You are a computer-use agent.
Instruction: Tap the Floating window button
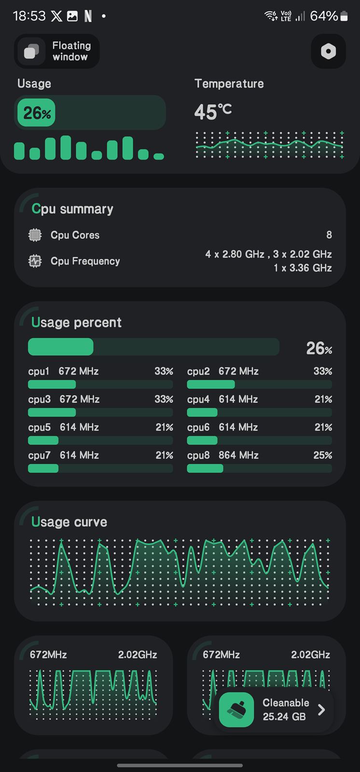[x=57, y=51]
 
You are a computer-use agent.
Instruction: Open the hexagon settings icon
[x=328, y=51]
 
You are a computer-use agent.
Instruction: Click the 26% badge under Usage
[x=37, y=113]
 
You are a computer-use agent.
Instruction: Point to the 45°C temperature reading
[x=213, y=111]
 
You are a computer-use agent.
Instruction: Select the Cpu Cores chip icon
[x=35, y=235]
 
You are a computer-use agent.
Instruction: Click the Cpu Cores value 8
[x=329, y=235]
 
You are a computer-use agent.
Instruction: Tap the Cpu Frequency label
[x=85, y=261]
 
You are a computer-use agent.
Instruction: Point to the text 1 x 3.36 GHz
[x=303, y=268]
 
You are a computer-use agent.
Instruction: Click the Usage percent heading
[x=76, y=322]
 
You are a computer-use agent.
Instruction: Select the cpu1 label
[x=39, y=371]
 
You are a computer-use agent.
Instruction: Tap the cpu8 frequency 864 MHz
[x=238, y=455]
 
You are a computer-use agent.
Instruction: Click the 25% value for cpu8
[x=322, y=455]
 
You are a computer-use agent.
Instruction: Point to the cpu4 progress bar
[x=259, y=413]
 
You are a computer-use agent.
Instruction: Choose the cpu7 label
[x=39, y=455]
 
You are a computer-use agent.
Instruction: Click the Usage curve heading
[x=69, y=522]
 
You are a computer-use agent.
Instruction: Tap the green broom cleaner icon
[x=236, y=710]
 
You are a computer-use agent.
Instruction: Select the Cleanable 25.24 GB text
[x=286, y=710]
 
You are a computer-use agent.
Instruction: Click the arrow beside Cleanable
[x=321, y=710]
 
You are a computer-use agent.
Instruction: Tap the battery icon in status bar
[x=344, y=16]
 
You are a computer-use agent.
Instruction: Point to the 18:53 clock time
[x=29, y=16]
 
